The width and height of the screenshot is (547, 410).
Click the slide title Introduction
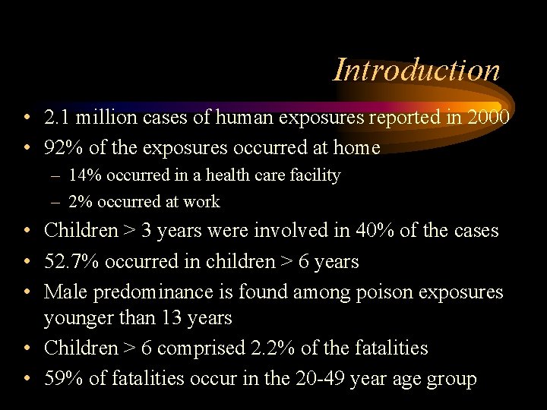416,70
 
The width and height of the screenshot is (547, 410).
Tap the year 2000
488,118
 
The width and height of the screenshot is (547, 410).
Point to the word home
355,147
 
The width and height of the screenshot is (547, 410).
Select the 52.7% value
71,261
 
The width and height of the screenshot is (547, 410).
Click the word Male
65,292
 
